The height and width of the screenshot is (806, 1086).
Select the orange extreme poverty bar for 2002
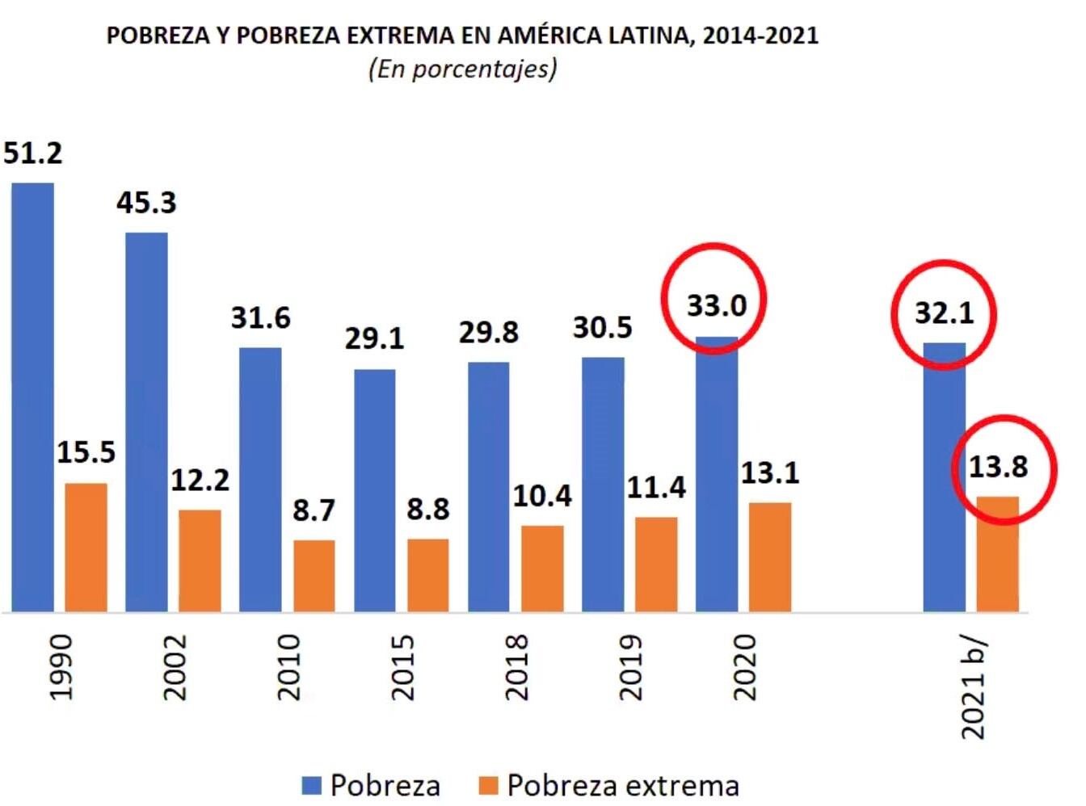pos(200,560)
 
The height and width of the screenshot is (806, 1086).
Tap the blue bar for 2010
pos(260,480)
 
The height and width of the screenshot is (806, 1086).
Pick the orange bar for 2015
pos(427,575)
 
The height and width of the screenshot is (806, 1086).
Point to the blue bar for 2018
pos(488,487)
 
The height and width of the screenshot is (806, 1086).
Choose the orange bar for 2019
pos(656,565)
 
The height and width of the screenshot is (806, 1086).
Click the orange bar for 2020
pos(769,557)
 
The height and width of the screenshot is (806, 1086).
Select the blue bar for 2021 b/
pos(944,477)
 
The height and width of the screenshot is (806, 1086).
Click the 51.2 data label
pos(32,153)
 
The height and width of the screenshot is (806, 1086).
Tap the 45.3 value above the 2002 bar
pos(146,202)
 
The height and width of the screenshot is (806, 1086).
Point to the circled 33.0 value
pos(717,305)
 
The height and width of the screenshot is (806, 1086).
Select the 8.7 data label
pos(314,510)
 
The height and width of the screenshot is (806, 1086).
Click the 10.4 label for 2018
pos(542,496)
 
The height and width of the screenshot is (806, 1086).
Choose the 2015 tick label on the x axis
pos(402,667)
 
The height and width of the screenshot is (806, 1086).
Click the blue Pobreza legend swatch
pos(312,785)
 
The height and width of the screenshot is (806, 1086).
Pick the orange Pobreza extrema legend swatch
pos(488,785)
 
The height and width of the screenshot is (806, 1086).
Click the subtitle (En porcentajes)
pos(462,69)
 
